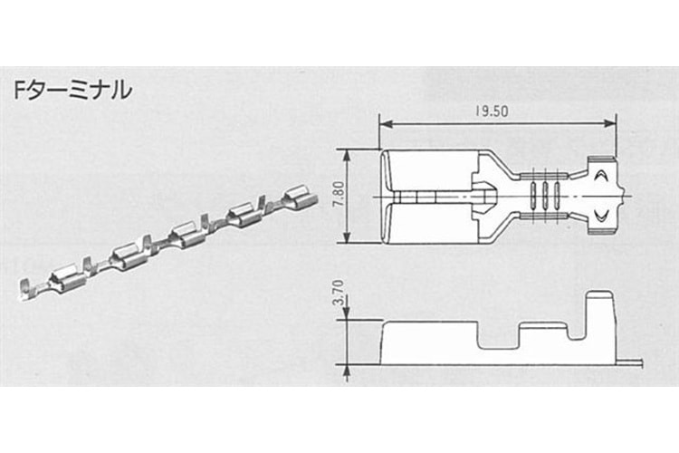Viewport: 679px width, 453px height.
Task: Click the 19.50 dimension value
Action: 492,111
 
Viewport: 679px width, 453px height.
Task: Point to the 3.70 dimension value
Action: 339,293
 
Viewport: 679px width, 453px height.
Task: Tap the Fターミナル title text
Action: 72,91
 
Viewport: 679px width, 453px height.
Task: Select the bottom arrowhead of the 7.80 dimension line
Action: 347,236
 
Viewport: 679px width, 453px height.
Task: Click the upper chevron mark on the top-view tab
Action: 601,175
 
